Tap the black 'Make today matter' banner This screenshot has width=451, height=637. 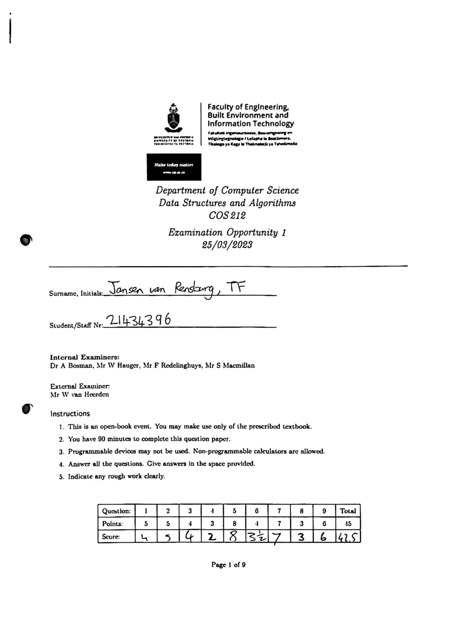click(x=174, y=167)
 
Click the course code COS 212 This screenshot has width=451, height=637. click(x=227, y=216)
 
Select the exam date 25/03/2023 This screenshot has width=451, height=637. click(x=227, y=245)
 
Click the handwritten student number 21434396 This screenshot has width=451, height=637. click(x=138, y=321)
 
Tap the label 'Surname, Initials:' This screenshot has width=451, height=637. click(x=76, y=293)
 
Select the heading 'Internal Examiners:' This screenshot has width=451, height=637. click(x=85, y=357)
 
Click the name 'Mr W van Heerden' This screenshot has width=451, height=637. click(x=79, y=395)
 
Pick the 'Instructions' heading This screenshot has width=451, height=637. click(x=70, y=414)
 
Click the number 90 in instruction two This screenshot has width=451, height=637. click(x=101, y=439)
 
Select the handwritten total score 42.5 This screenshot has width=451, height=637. click(x=348, y=537)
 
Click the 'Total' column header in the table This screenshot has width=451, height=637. click(x=348, y=511)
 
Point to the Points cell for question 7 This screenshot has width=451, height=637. click(x=279, y=524)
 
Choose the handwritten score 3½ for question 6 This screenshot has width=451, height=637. click(x=256, y=537)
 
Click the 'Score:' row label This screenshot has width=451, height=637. click(x=111, y=537)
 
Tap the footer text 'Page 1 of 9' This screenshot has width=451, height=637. click(x=228, y=564)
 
